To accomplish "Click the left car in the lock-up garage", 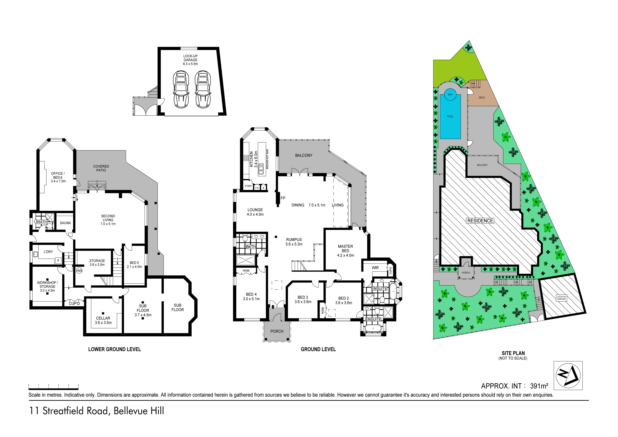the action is tap(181, 89).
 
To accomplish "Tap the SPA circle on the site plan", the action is tap(450, 94).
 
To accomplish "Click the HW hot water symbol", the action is tap(79, 271).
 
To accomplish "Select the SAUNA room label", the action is tap(65, 223).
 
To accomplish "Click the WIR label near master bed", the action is tap(375, 268).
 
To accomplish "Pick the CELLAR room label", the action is tap(103, 318).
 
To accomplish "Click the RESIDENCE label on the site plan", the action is tap(480, 221).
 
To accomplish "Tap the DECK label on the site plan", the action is tap(482, 97).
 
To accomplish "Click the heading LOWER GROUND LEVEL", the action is tap(115, 349).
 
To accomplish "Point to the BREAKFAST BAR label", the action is tap(267, 159).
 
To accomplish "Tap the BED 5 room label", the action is tap(134, 263).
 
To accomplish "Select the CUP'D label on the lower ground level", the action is tap(74, 303).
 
